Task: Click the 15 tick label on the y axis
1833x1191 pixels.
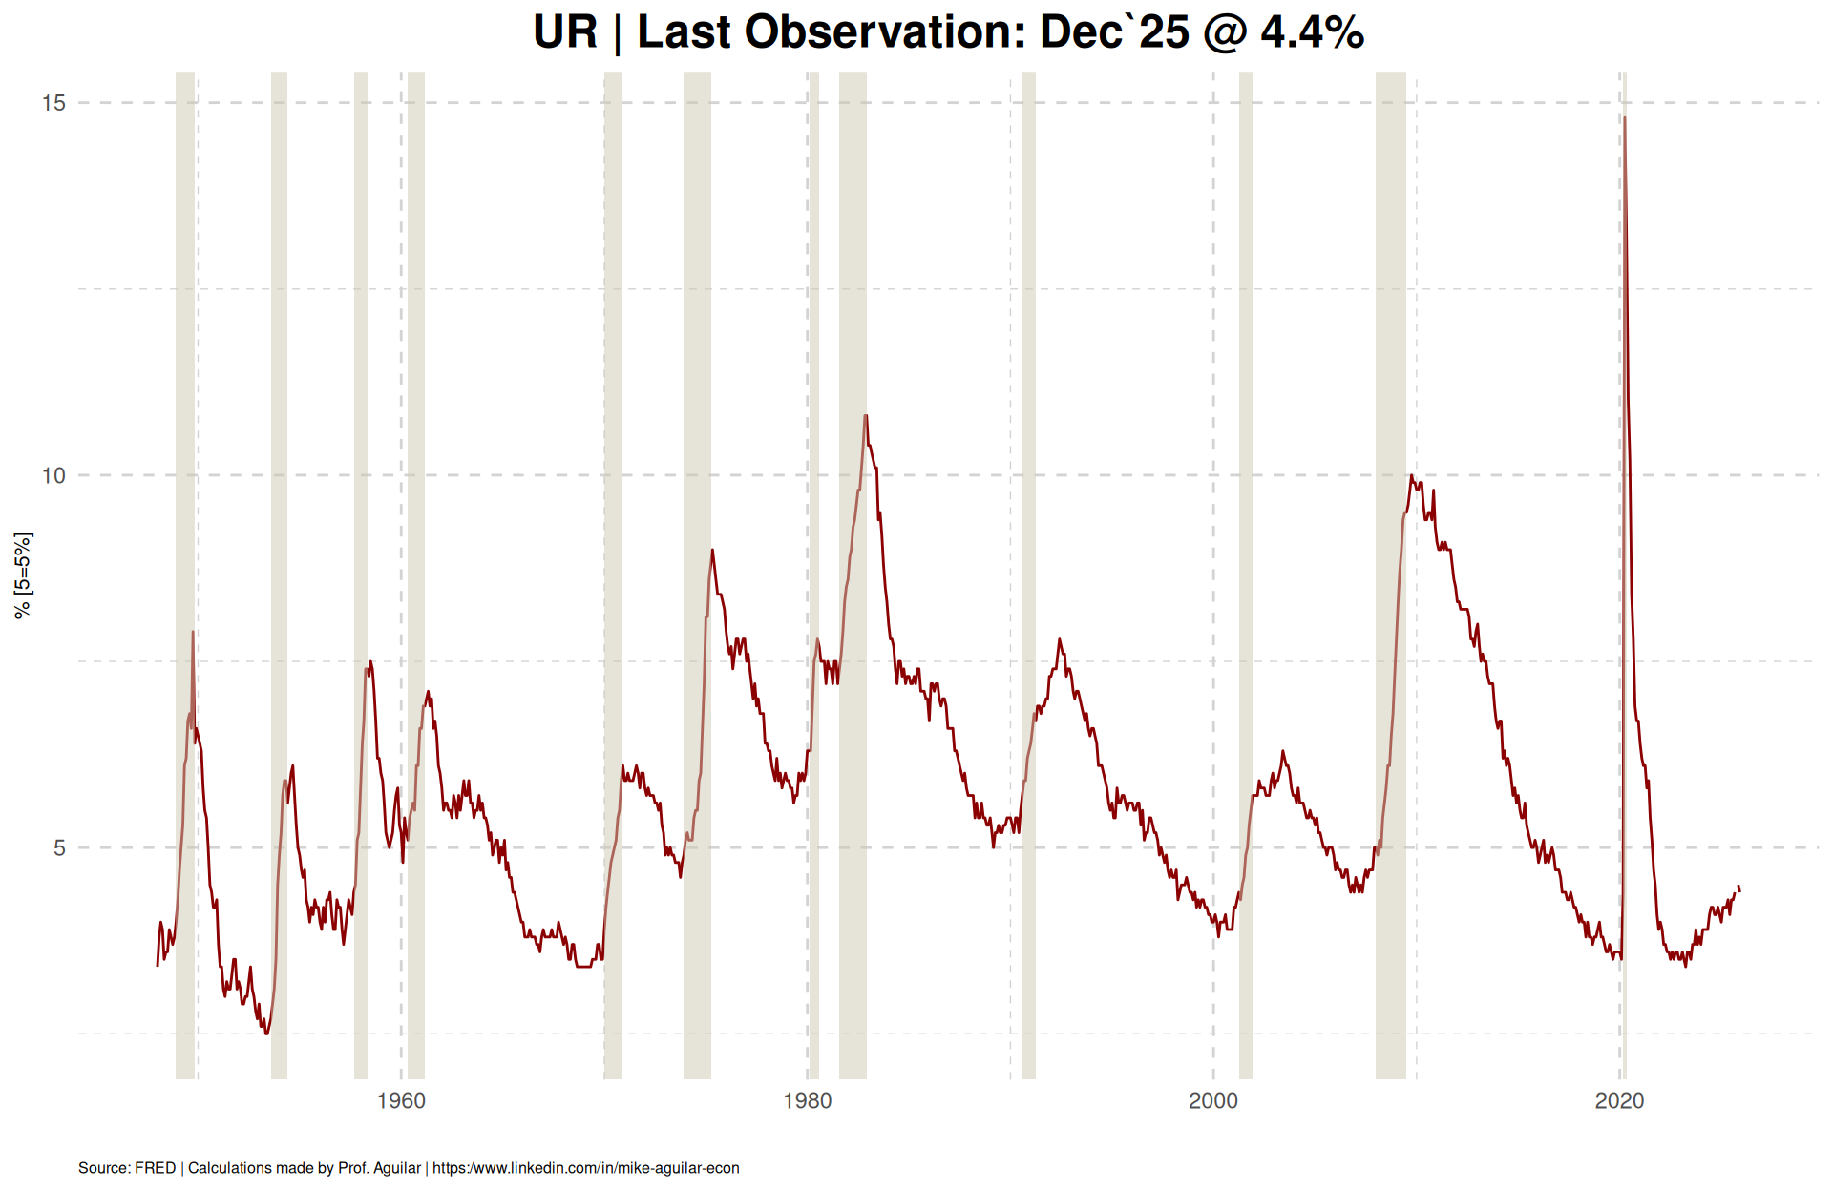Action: coord(53,103)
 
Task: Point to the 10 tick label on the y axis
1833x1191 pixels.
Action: coord(53,475)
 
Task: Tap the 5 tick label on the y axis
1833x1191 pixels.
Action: coord(59,847)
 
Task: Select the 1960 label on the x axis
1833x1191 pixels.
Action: coord(401,1101)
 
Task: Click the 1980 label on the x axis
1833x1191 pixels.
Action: coord(808,1101)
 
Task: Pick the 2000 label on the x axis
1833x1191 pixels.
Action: coord(1213,1101)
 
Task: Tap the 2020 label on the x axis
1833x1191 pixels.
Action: coord(1619,1101)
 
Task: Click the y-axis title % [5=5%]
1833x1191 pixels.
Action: coord(23,575)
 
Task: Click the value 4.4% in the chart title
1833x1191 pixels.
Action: coord(1312,32)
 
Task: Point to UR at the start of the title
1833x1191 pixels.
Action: coord(565,32)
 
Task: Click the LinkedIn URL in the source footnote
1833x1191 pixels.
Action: coord(586,1168)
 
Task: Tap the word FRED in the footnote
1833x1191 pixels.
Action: coord(155,1168)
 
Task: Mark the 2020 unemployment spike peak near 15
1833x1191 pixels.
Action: coord(1625,118)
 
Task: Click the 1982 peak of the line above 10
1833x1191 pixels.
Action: coord(866,416)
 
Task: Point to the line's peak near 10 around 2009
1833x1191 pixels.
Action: coord(1411,476)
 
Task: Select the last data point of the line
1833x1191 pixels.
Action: coord(1739,890)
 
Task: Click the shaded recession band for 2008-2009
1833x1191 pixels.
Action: coord(1390,573)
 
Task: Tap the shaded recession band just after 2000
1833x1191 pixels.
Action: coord(1246,573)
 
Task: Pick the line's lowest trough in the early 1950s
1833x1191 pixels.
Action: coord(266,1033)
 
